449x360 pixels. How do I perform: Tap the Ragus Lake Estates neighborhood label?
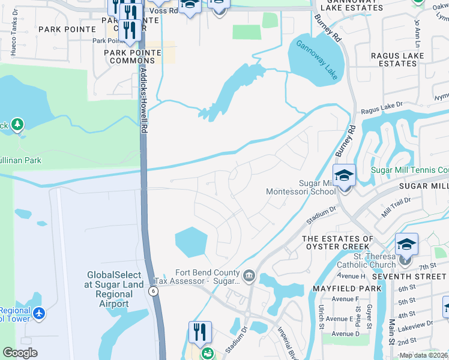coord(397,59)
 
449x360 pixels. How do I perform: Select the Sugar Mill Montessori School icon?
coord(344,175)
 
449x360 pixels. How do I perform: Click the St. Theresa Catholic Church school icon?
coord(406,244)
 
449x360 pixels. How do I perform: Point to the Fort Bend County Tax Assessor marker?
coord(249,276)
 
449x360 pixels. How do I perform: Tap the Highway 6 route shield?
coord(153,290)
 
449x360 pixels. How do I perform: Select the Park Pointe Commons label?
coord(132,57)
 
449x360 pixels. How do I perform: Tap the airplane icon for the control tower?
coord(39,313)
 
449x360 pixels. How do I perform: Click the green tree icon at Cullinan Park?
coord(17,124)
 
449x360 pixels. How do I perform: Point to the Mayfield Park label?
coord(347,289)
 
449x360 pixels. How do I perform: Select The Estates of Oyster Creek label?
coord(337,243)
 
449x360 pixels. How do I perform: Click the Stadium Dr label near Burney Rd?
coord(321,215)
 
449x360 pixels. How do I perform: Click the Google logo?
coord(20,353)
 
